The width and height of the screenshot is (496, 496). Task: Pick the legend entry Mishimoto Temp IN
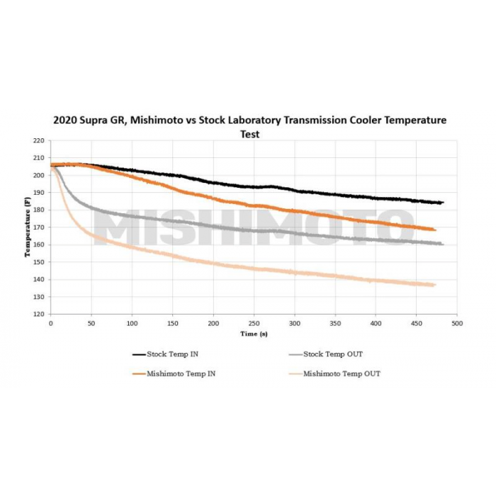coord(181,373)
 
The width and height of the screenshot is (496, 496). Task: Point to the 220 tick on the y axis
coord(39,141)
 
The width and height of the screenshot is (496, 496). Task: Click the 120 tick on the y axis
coord(39,314)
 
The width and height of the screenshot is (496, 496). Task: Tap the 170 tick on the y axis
coord(39,227)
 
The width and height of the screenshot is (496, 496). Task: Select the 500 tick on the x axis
coord(457,323)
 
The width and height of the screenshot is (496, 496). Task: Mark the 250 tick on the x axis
coord(254,323)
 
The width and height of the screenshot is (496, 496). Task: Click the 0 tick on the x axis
coord(50,323)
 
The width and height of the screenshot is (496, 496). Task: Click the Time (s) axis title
coord(254,333)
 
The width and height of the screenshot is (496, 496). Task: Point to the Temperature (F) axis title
coord(28,227)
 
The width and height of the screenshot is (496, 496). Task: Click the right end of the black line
coord(443,203)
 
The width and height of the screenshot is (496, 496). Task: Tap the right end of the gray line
coord(443,244)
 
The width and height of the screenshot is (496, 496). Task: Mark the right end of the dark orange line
coord(435,230)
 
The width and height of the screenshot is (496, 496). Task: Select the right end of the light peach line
coord(434,285)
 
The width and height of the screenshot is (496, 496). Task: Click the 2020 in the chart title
coord(67,120)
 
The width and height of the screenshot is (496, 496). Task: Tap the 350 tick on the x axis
coord(335,323)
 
